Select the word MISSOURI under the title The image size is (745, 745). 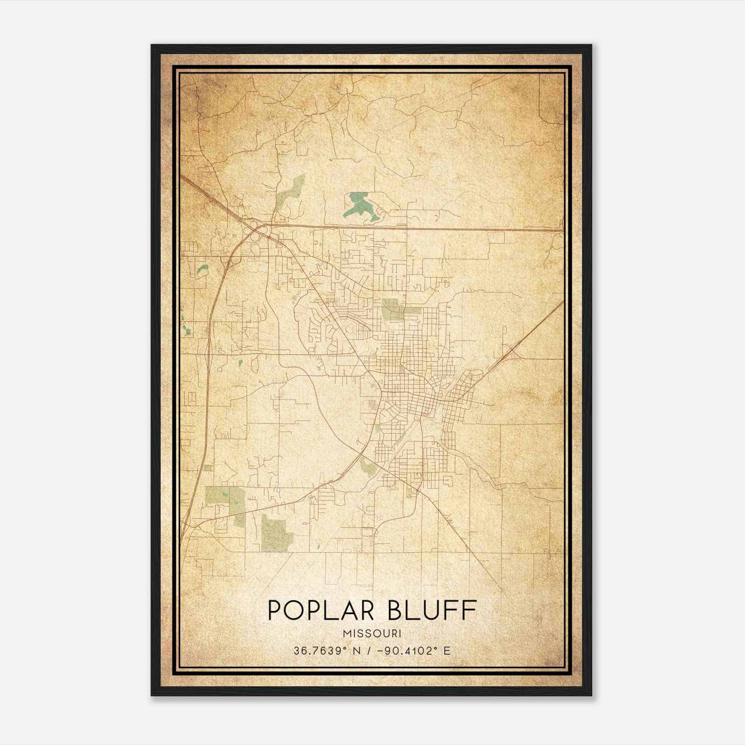click(x=372, y=634)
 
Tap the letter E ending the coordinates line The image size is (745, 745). click(x=447, y=650)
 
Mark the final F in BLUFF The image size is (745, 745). click(x=470, y=610)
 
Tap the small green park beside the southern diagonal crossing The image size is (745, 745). click(x=368, y=466)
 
